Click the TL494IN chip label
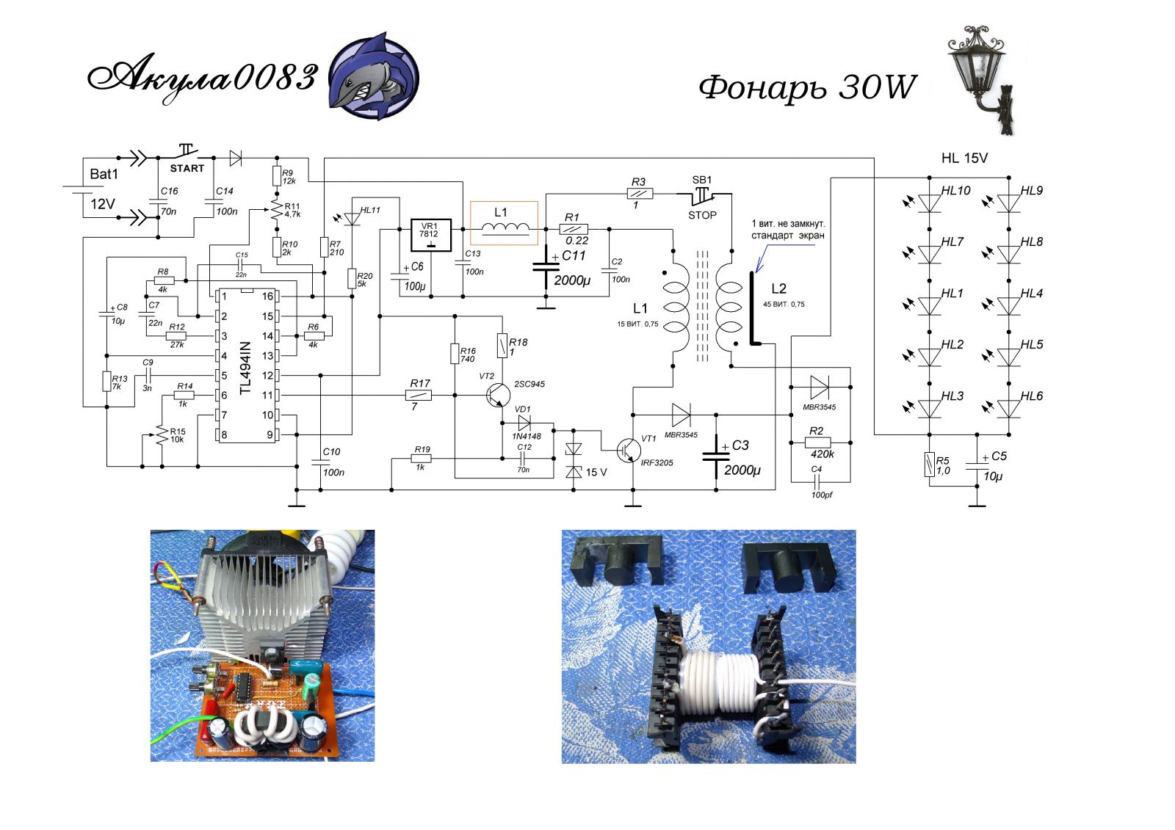pyautogui.click(x=246, y=368)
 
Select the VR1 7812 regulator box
pyautogui.click(x=430, y=235)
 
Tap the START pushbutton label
pyautogui.click(x=187, y=168)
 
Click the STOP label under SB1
pyautogui.click(x=702, y=215)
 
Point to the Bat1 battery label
pyautogui.click(x=104, y=174)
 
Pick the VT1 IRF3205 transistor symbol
pyautogui.click(x=627, y=450)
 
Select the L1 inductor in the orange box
pyautogui.click(x=504, y=223)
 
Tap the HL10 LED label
pyautogui.click(x=956, y=191)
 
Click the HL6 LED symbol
pyautogui.click(x=1009, y=408)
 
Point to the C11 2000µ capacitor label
pyautogui.click(x=574, y=255)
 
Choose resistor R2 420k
pyautogui.click(x=818, y=443)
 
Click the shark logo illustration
pyautogui.click(x=373, y=76)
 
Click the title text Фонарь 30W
pyautogui.click(x=807, y=87)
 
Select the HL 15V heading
pyautogui.click(x=964, y=158)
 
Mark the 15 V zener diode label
pyautogui.click(x=596, y=473)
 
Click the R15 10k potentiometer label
pyautogui.click(x=177, y=435)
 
